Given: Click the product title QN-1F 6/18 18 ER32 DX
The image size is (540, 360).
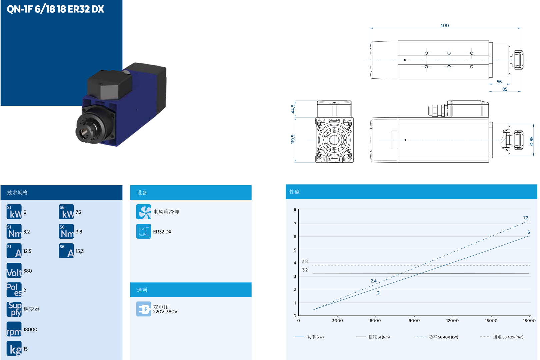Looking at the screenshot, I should (x=55, y=9).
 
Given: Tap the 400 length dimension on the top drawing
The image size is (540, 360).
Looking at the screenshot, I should (x=444, y=25).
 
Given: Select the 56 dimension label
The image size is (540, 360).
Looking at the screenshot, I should (x=499, y=82).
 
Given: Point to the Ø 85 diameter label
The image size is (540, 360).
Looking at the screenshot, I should (x=532, y=141).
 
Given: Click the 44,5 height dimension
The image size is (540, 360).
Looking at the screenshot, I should (x=293, y=109).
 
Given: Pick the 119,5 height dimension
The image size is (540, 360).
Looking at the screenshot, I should (x=293, y=139).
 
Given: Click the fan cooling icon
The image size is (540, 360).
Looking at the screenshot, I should (x=144, y=212).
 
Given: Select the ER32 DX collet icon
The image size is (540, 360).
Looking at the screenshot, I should (x=144, y=232).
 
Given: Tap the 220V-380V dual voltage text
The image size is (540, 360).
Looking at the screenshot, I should (x=165, y=312).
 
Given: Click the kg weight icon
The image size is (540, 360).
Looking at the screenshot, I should (x=14, y=349).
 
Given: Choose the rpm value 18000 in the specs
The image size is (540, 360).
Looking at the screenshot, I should (x=30, y=329).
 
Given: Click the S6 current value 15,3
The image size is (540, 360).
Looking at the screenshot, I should (x=80, y=251).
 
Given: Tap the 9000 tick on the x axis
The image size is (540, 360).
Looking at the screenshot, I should (x=414, y=321).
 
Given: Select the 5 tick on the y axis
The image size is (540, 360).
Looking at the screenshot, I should (x=295, y=250).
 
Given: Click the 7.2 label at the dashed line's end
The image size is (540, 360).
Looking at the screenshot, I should (x=526, y=218).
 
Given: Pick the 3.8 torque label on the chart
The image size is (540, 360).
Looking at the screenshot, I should (x=305, y=261).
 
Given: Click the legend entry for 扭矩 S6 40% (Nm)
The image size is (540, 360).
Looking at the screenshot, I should (x=508, y=337).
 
